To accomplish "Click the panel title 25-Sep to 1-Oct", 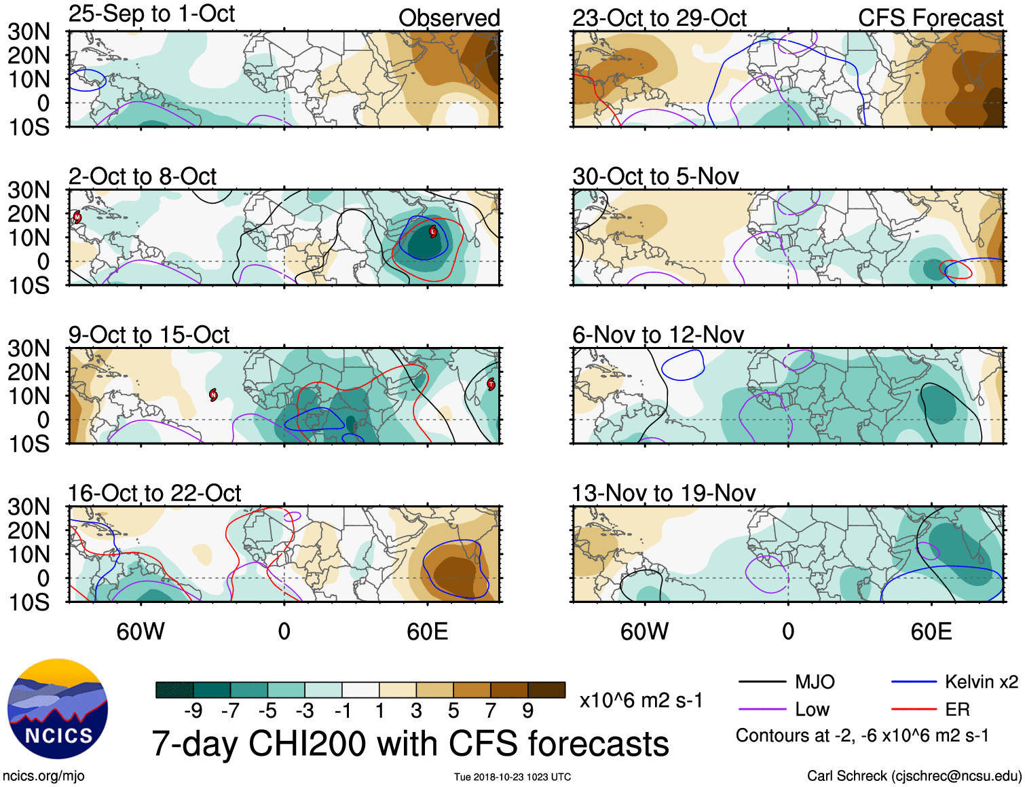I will pyautogui.click(x=151, y=14).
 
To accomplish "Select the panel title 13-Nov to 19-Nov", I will pyautogui.click(x=663, y=493).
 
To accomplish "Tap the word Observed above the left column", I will pyautogui.click(x=449, y=18).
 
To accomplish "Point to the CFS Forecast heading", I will pyautogui.click(x=930, y=18).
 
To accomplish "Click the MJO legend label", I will pyautogui.click(x=815, y=682).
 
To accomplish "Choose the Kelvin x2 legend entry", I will pyautogui.click(x=981, y=682).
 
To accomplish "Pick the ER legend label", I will pyautogui.click(x=957, y=710).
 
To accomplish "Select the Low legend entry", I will pyautogui.click(x=812, y=710).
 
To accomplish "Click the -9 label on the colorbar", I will pyautogui.click(x=193, y=710).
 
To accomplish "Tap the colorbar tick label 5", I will pyautogui.click(x=453, y=710).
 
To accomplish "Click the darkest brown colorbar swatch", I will pyautogui.click(x=546, y=690).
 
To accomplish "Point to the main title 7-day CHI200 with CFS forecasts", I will pyautogui.click(x=410, y=744).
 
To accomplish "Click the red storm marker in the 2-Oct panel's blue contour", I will pyautogui.click(x=433, y=232).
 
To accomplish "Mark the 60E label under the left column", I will pyautogui.click(x=427, y=632).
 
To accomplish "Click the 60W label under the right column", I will pyautogui.click(x=644, y=632).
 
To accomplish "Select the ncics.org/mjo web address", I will pyautogui.click(x=44, y=775).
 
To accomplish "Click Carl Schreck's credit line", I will pyautogui.click(x=914, y=775).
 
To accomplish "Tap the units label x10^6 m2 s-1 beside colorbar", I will pyautogui.click(x=641, y=700).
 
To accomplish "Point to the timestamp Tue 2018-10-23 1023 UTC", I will pyautogui.click(x=512, y=777).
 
